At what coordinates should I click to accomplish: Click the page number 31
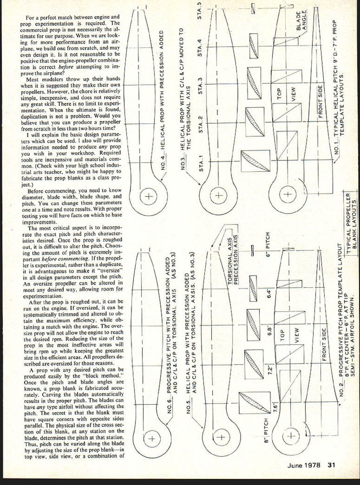pos(331,465)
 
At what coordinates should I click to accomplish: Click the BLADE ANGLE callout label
pos(301,21)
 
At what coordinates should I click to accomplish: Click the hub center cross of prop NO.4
pos(149,196)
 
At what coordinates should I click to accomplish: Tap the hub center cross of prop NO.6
pos(151,439)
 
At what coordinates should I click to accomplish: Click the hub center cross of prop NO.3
pos(219,195)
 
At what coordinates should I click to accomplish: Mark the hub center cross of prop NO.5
pos(222,438)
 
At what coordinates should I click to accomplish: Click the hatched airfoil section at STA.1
pos(255,161)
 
